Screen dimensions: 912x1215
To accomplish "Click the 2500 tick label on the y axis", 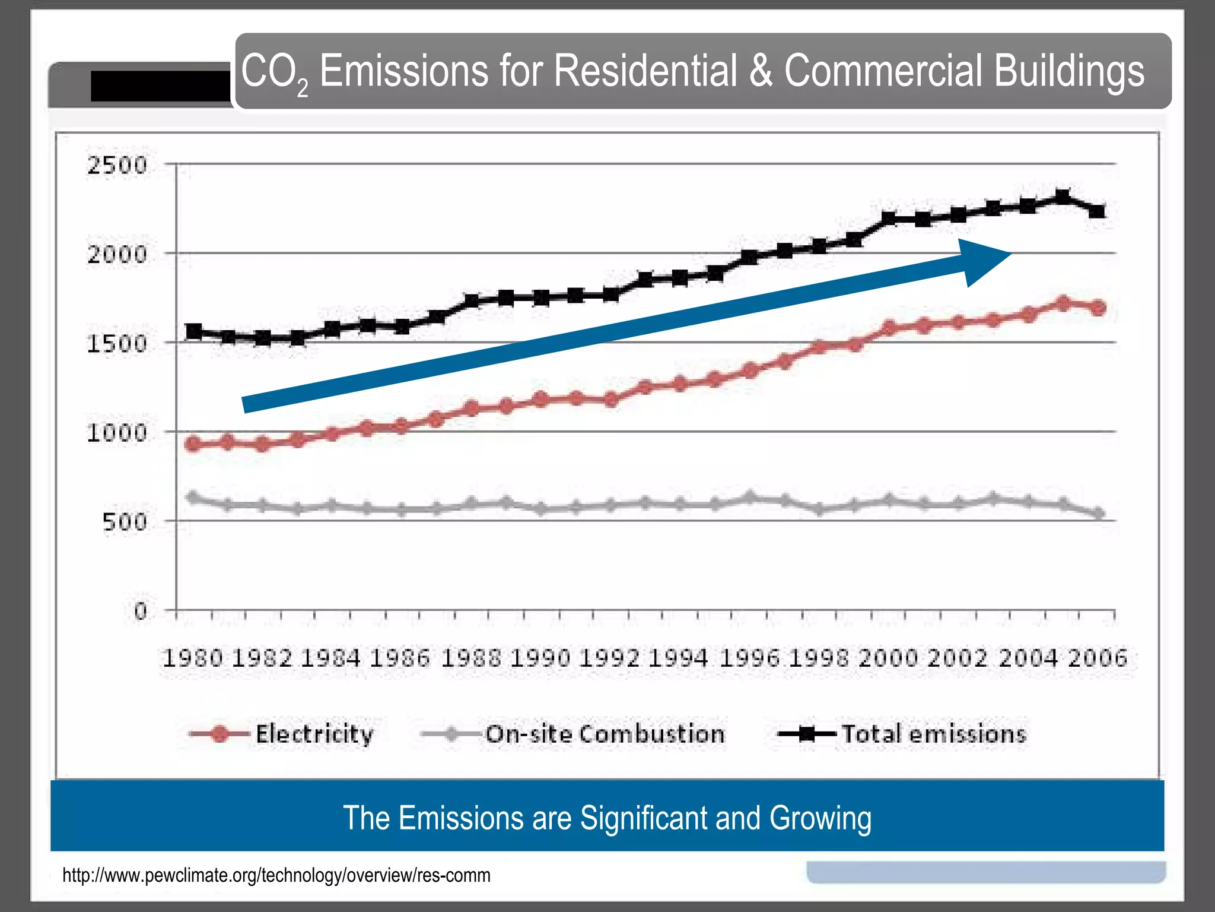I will click(x=117, y=165).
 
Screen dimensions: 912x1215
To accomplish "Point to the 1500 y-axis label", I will click(x=117, y=344).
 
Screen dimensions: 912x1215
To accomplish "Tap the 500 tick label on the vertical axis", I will click(x=124, y=522).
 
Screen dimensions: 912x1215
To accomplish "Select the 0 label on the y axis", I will click(x=140, y=611).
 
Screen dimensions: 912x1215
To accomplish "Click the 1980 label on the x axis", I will click(x=193, y=658).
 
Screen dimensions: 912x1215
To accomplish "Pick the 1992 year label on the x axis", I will click(x=610, y=658).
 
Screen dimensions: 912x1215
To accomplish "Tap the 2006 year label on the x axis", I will click(x=1098, y=658).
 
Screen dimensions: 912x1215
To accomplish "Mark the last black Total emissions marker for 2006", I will click(x=1098, y=211).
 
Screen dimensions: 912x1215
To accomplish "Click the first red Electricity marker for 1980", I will click(x=193, y=444).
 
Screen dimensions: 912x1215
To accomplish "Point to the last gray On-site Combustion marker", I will click(x=1099, y=514).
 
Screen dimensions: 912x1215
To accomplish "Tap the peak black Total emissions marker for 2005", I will click(x=1063, y=197).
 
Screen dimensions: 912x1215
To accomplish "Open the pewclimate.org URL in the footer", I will click(x=276, y=875).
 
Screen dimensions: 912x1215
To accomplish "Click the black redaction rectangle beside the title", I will click(x=160, y=87).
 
